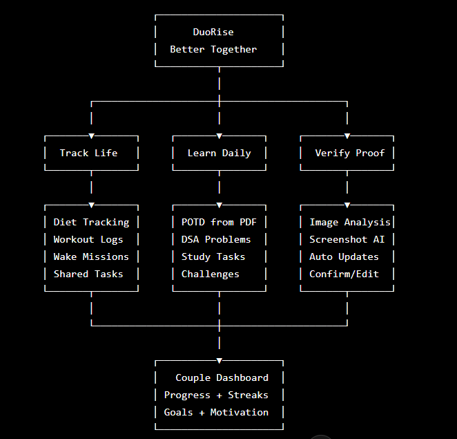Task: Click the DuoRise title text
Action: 213,32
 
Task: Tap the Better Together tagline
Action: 213,49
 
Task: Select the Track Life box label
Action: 88,153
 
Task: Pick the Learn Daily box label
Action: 219,153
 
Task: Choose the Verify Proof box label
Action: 350,153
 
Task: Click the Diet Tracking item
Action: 91,223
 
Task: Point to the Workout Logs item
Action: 88,240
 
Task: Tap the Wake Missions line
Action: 91,257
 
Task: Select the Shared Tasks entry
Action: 88,274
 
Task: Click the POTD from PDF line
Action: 219,222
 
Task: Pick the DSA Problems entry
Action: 216,239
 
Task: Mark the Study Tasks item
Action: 213,257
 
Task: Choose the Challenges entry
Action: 210,274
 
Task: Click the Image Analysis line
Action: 350,223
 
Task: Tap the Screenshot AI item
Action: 347,240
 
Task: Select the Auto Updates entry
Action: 344,257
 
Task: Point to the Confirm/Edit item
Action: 344,274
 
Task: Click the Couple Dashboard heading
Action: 222,377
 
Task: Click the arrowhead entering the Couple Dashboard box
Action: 219,361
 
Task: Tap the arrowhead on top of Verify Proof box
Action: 347,136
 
